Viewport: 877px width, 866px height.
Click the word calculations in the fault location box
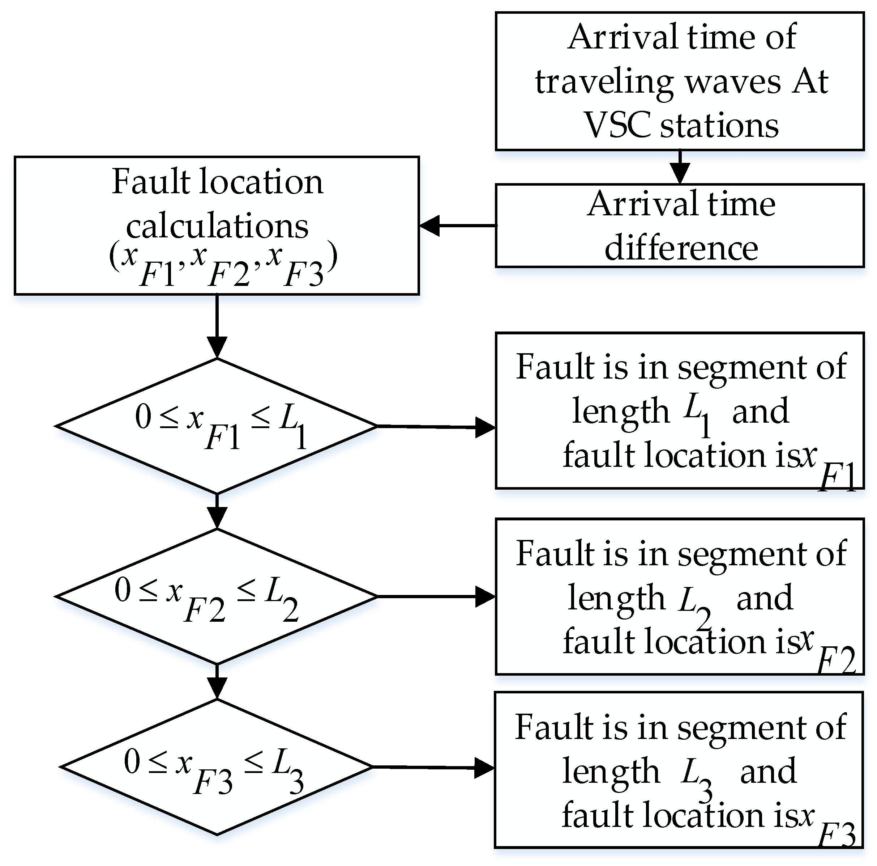pos(217,226)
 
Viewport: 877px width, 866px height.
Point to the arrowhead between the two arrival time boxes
pos(680,173)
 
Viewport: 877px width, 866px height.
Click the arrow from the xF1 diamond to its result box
pos(436,427)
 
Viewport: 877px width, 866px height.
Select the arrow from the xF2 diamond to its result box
pos(436,596)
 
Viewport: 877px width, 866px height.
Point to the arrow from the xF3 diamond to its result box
pos(433,768)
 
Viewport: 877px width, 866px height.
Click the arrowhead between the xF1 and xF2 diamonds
pos(217,517)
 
